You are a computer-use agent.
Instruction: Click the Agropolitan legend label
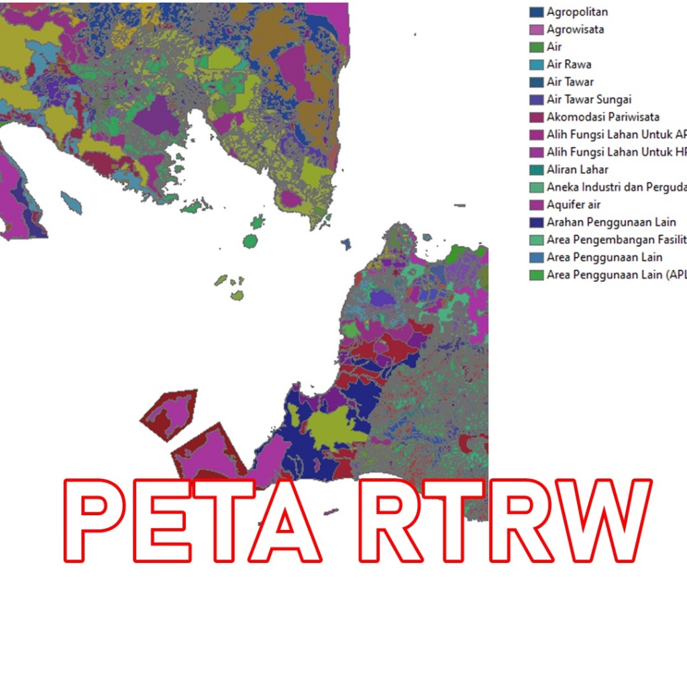pos(577,12)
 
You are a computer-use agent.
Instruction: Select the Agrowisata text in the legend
pos(575,30)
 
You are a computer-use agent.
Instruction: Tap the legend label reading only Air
pos(554,47)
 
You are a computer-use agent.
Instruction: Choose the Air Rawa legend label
pos(569,64)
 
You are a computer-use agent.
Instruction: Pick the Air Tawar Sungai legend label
pos(589,99)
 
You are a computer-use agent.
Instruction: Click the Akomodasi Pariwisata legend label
pos(602,117)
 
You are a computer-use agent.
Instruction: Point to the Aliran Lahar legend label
pos(578,170)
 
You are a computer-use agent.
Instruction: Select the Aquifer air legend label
pos(574,205)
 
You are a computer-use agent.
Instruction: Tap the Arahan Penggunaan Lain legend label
pos(611,222)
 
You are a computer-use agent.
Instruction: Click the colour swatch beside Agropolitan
pos(536,12)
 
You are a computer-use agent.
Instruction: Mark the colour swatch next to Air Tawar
pos(536,82)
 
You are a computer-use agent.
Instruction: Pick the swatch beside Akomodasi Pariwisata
pos(536,117)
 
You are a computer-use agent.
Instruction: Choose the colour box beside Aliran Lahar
pos(536,170)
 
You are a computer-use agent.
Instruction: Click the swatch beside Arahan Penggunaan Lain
pos(536,222)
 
